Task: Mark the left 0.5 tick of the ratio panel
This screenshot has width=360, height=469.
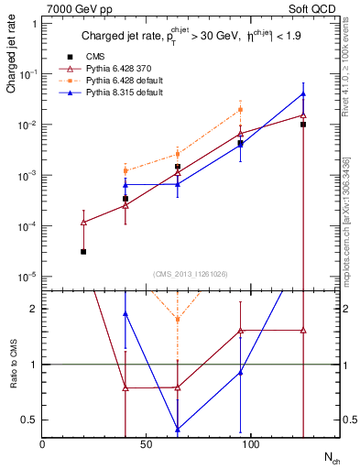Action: point(31,420)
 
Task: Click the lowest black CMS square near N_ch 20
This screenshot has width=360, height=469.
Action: point(83,251)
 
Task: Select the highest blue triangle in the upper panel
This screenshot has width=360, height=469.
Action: point(303,94)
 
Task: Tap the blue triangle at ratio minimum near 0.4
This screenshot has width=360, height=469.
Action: point(178,429)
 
